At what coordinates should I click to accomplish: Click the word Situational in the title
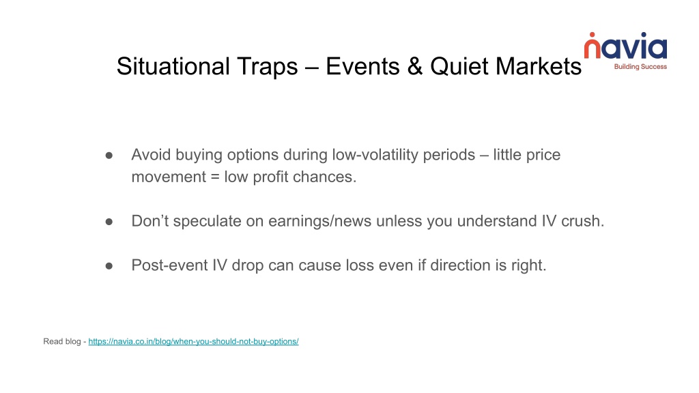click(x=173, y=66)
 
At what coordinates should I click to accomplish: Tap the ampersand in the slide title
click(x=414, y=66)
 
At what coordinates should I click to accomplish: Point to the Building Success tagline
click(x=640, y=67)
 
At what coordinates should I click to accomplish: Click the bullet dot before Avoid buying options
click(x=109, y=156)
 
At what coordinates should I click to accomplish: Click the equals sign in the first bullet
click(x=215, y=177)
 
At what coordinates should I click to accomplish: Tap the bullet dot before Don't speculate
click(x=109, y=222)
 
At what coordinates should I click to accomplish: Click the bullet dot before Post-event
click(x=109, y=266)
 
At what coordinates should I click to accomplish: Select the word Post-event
click(x=169, y=265)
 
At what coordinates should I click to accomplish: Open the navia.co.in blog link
click(x=193, y=341)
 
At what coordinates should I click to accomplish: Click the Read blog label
click(x=62, y=341)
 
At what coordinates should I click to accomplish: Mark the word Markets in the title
click(x=539, y=66)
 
